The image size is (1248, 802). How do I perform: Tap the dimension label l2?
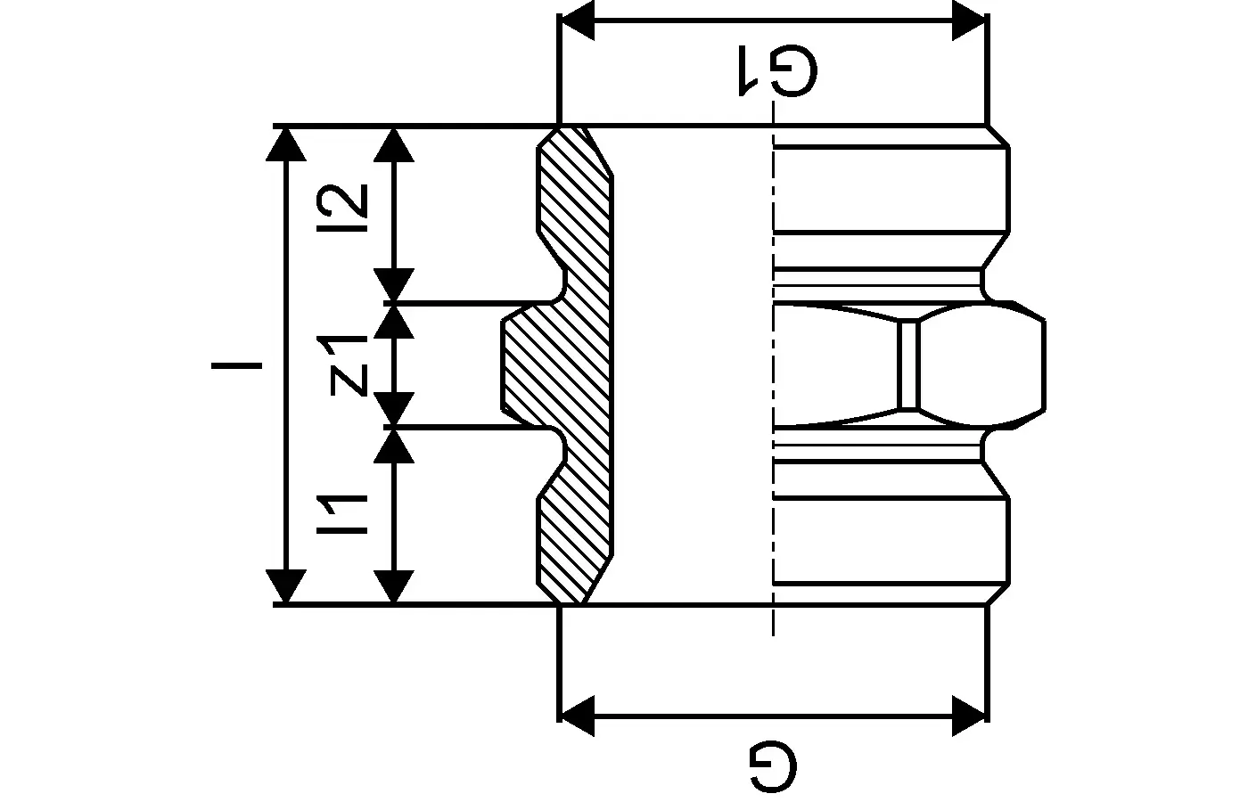tap(349, 202)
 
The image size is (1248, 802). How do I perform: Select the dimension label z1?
tap(349, 364)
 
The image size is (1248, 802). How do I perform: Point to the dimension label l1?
tap(348, 516)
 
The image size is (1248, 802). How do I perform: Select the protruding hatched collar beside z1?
tap(530, 365)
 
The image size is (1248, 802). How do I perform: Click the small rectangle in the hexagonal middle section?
tap(907, 365)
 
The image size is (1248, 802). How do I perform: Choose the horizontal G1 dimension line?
tap(772, 20)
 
